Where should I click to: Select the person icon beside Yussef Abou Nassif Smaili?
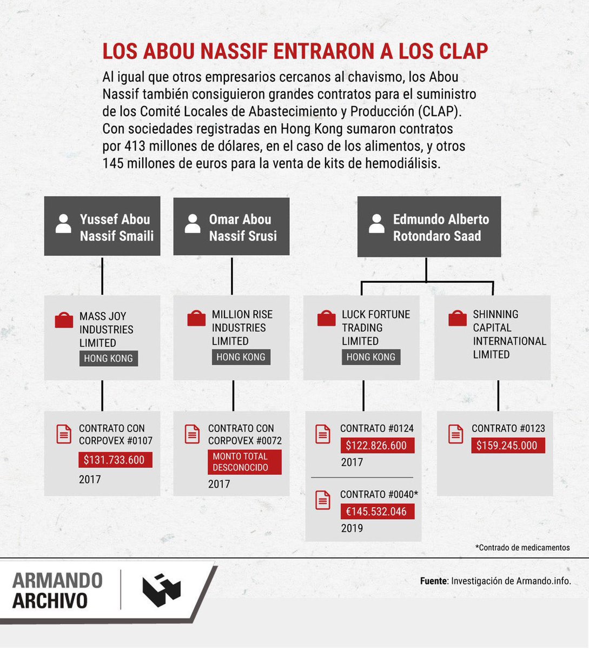[63, 223]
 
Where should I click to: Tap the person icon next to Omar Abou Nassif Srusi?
[193, 223]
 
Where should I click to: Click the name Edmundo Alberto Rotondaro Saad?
[440, 227]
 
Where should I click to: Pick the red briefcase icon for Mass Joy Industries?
[64, 320]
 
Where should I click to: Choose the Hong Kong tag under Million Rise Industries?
[241, 357]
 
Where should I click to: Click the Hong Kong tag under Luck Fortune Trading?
[370, 357]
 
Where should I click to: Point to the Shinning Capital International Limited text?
[509, 334]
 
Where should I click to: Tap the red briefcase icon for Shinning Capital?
[458, 319]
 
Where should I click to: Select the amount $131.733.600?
[114, 460]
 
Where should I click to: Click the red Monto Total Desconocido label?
[244, 462]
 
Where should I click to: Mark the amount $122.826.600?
[376, 446]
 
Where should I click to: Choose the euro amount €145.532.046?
[376, 512]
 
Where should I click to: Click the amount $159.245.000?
[507, 446]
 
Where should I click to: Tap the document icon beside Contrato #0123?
[455, 434]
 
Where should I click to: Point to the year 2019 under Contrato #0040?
[352, 528]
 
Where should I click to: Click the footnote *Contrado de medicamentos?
[522, 547]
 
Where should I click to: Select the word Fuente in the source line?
[433, 581]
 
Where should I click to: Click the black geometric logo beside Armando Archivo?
[162, 591]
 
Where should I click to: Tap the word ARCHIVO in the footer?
[50, 601]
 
